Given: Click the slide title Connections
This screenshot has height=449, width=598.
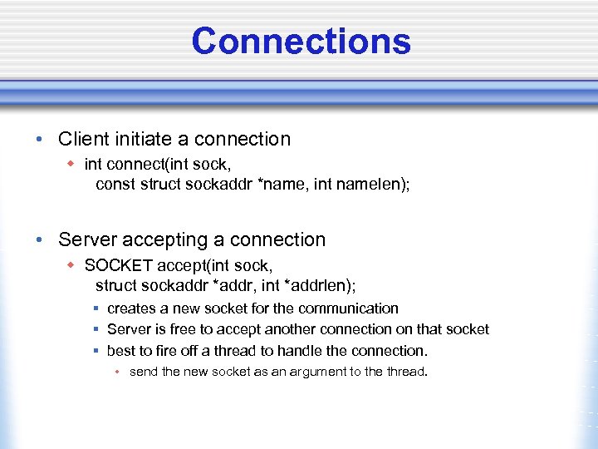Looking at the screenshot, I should (x=301, y=41).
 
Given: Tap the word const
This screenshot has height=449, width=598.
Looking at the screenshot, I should (x=114, y=184).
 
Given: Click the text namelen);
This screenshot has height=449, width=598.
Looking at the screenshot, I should (x=373, y=184).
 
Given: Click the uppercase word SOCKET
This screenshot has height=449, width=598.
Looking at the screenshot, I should (x=119, y=266).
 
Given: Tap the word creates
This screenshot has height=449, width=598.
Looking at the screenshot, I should (x=132, y=308).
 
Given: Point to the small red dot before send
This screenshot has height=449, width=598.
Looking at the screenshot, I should (x=119, y=372).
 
